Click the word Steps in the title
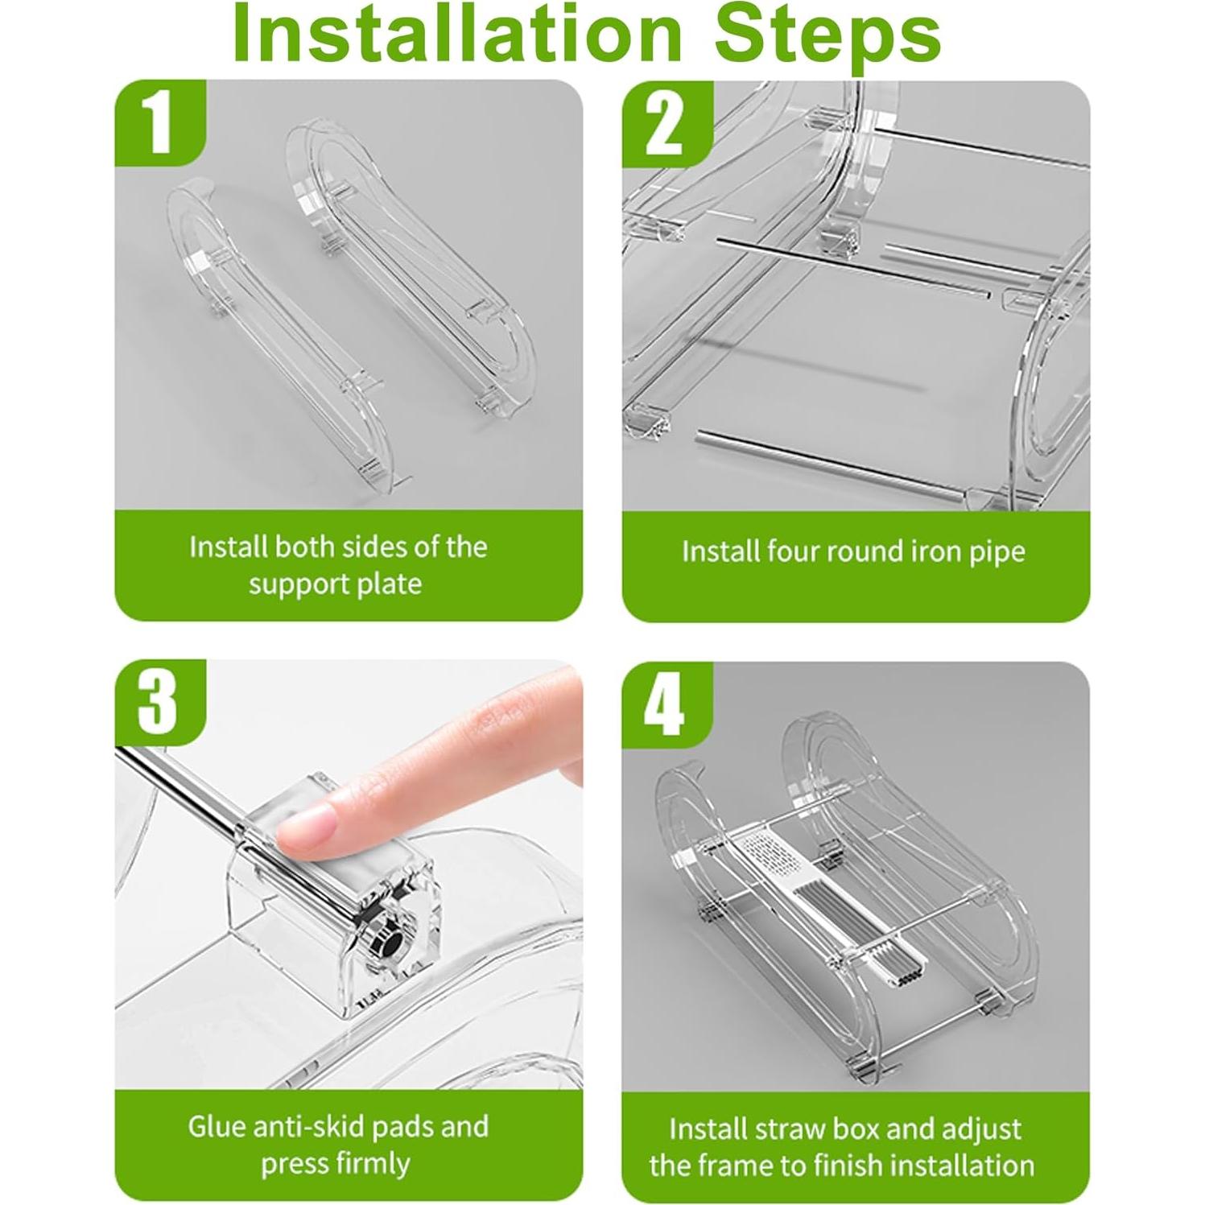pos(830,37)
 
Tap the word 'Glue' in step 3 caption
pos(218,1126)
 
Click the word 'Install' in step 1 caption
pos(229,547)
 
